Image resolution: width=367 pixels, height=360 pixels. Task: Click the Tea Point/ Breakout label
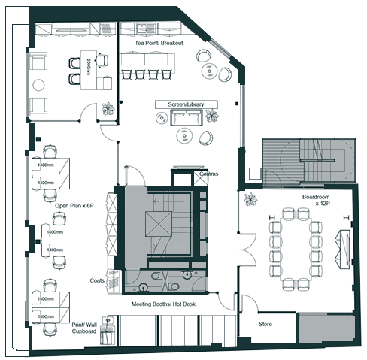(159, 43)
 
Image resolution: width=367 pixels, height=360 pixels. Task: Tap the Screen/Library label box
(187, 104)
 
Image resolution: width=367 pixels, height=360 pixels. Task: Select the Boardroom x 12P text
(317, 200)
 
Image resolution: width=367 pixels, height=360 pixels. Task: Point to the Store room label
(265, 324)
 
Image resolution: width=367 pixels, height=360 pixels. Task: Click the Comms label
(209, 174)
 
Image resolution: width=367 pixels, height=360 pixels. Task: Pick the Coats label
(97, 280)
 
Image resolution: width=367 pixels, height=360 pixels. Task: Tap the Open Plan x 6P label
(74, 206)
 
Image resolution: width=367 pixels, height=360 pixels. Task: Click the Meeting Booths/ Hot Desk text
(163, 304)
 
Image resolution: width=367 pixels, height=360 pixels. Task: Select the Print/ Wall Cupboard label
(84, 328)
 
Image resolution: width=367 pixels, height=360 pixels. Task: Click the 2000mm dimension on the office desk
(88, 67)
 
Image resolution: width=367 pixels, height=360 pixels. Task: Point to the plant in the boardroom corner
(250, 199)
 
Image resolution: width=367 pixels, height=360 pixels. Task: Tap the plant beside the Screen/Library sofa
(212, 116)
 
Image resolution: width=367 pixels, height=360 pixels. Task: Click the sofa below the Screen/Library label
(186, 117)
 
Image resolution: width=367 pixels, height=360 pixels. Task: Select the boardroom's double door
(247, 250)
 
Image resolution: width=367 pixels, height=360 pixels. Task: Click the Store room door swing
(250, 303)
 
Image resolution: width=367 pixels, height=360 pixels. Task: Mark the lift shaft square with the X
(159, 224)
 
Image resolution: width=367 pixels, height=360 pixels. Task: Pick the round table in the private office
(38, 85)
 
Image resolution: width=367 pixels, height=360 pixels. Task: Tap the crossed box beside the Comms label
(201, 178)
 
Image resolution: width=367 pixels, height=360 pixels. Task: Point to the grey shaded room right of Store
(327, 328)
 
